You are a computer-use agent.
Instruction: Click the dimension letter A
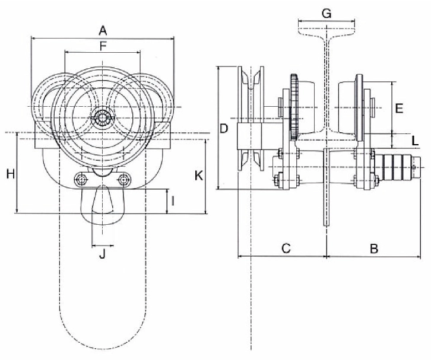[x=103, y=30]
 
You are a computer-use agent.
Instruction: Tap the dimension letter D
[x=223, y=129]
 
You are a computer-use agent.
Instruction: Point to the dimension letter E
[x=399, y=109]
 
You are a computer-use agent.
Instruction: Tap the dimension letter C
[x=286, y=249]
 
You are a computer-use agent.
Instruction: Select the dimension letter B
[x=374, y=249]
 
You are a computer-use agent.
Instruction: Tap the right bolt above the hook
[x=123, y=179]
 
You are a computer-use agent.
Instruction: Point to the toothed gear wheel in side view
[x=293, y=107]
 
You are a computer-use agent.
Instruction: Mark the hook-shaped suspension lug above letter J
[x=102, y=205]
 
